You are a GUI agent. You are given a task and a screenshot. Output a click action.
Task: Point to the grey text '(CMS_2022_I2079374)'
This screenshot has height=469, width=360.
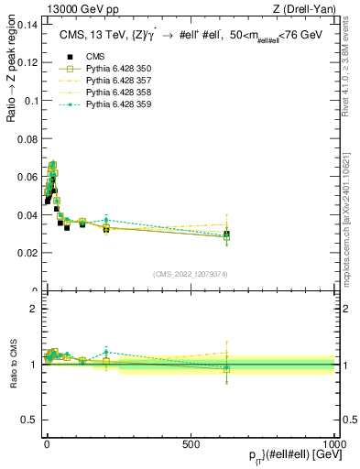pyautogui.click(x=191, y=274)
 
